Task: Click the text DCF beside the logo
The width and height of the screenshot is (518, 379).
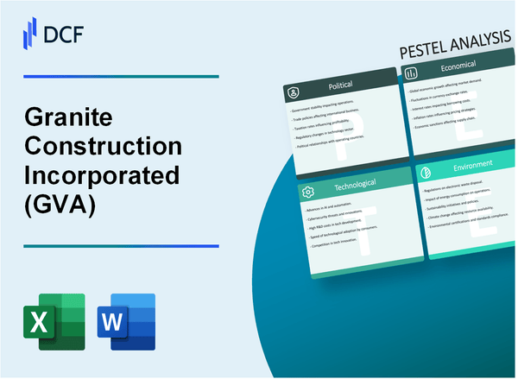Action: (64, 33)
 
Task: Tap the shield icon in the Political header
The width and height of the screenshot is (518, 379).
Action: (294, 91)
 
